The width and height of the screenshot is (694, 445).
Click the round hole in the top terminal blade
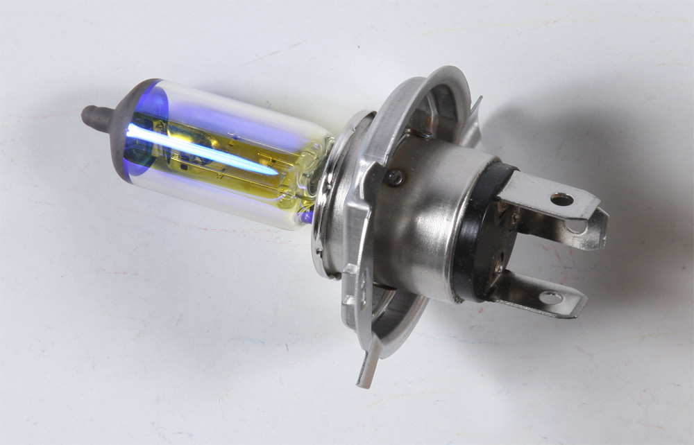point(561,200)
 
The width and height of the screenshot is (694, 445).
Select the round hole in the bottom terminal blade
point(550,298)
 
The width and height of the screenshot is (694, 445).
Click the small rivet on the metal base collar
point(395,178)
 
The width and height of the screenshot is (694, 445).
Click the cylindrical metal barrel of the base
point(423,222)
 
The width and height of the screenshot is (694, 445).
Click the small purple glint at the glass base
point(306,216)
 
